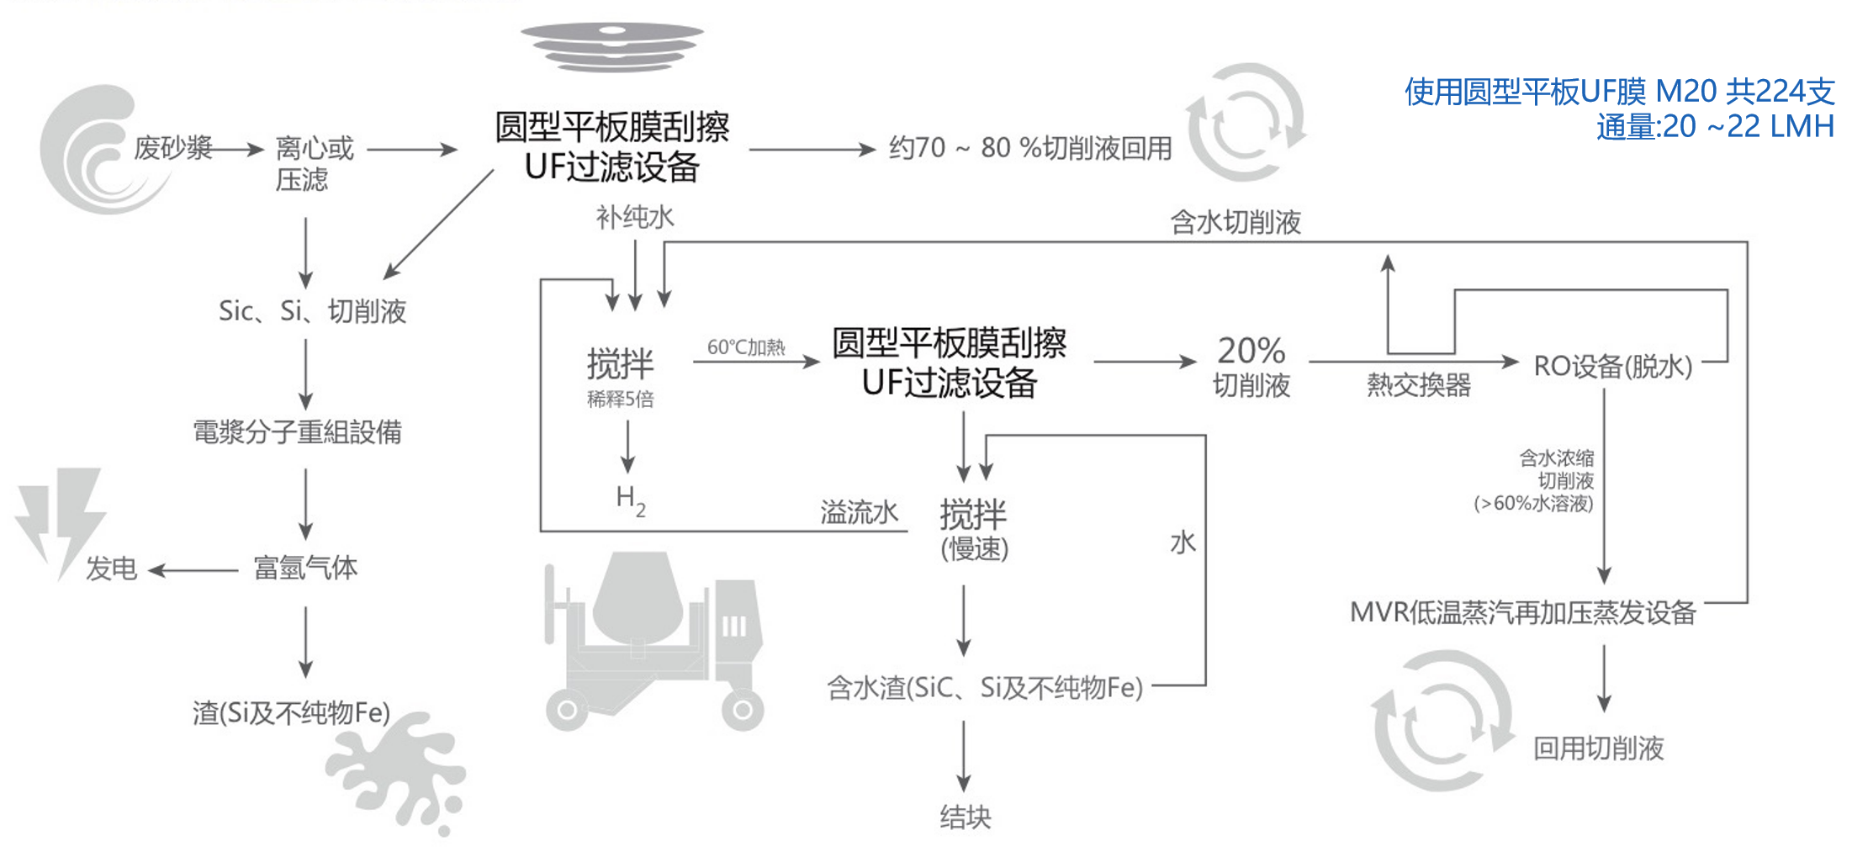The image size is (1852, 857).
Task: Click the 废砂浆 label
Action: pyautogui.click(x=172, y=148)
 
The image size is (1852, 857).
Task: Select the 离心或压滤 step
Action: pyautogui.click(x=315, y=163)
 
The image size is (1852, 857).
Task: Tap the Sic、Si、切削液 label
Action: pyautogui.click(x=312, y=311)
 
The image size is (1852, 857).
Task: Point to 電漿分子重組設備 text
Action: pyautogui.click(x=297, y=432)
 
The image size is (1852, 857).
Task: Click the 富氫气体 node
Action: pyautogui.click(x=305, y=569)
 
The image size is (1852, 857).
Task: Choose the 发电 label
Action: pyautogui.click(x=111, y=569)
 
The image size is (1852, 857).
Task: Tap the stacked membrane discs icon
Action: pyautogui.click(x=611, y=46)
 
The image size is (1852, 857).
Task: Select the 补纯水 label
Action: pyautogui.click(x=635, y=218)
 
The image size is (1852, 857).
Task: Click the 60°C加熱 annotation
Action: pyautogui.click(x=745, y=347)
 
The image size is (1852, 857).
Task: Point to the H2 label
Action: pyautogui.click(x=631, y=500)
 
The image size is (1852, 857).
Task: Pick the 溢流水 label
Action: pyautogui.click(x=859, y=512)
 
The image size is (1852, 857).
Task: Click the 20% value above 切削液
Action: pyautogui.click(x=1251, y=350)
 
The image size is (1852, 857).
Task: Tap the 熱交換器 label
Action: pyautogui.click(x=1418, y=385)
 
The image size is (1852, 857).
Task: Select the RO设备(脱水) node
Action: pyautogui.click(x=1612, y=367)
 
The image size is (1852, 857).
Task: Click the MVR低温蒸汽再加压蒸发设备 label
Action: pyautogui.click(x=1522, y=612)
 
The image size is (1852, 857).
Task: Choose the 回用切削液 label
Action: pyautogui.click(x=1598, y=748)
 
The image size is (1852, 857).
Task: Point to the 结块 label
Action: pyautogui.click(x=966, y=817)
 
